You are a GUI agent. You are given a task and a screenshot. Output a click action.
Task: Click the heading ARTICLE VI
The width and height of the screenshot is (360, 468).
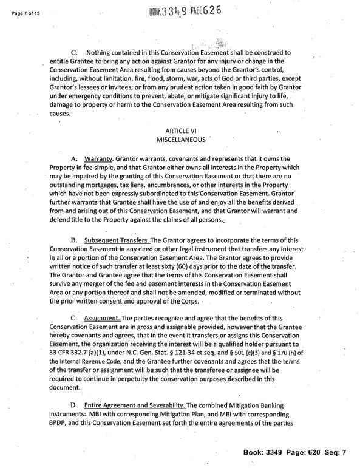pyautogui.click(x=180, y=131)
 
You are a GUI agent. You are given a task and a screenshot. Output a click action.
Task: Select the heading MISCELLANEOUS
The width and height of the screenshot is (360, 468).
pyautogui.click(x=180, y=139)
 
